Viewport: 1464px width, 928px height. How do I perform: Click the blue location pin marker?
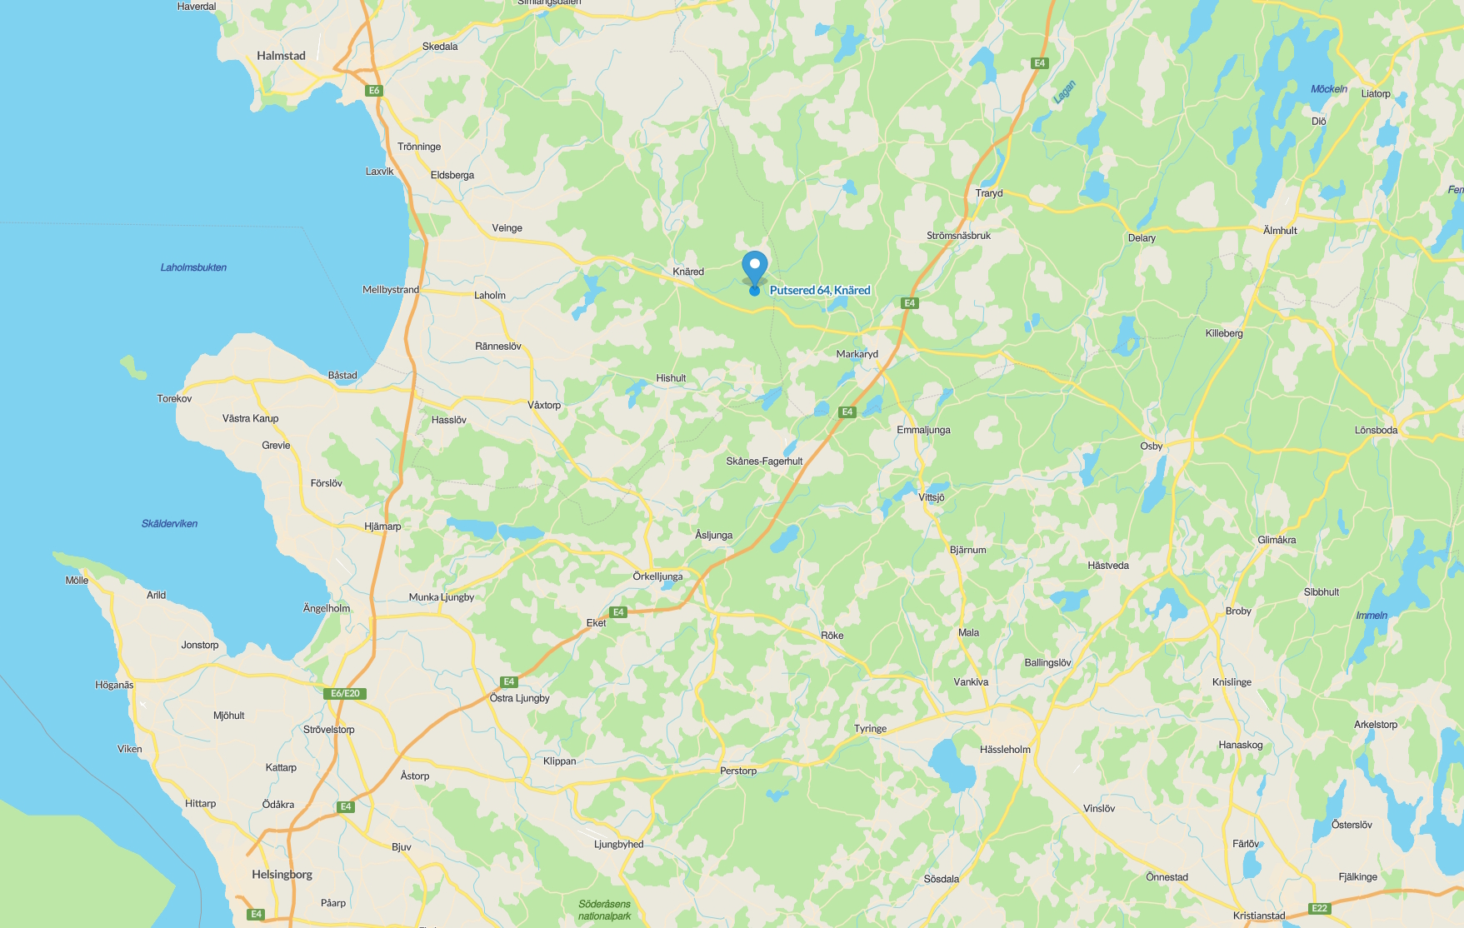click(x=755, y=268)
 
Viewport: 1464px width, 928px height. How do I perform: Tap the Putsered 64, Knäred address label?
click(x=820, y=290)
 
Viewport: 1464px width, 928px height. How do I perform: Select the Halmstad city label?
click(x=281, y=56)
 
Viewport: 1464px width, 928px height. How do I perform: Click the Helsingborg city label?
click(x=282, y=874)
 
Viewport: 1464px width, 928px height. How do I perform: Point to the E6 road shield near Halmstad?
click(x=374, y=91)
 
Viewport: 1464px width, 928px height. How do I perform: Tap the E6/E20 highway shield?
click(x=345, y=693)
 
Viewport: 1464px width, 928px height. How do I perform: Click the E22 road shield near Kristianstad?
click(x=1319, y=908)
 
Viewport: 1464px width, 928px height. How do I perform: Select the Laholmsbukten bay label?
click(x=193, y=267)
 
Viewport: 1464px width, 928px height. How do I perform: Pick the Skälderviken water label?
click(x=169, y=524)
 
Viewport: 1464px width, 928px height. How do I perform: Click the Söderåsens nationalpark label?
click(x=605, y=910)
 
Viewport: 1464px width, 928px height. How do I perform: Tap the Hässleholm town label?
click(x=1005, y=750)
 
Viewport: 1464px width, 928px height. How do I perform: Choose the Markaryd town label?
click(x=857, y=354)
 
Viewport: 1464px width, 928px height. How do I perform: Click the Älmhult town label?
click(x=1280, y=231)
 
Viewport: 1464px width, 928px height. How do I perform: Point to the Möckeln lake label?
click(x=1328, y=89)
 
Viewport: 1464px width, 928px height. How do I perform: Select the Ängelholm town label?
click(x=327, y=608)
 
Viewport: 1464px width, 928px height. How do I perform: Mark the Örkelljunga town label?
click(x=657, y=576)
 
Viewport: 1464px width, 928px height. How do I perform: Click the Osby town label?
click(x=1151, y=447)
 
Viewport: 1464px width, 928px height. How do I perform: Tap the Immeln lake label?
click(x=1372, y=616)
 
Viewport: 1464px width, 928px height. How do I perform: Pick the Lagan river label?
click(x=1064, y=92)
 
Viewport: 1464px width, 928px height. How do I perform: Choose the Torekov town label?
click(x=174, y=399)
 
